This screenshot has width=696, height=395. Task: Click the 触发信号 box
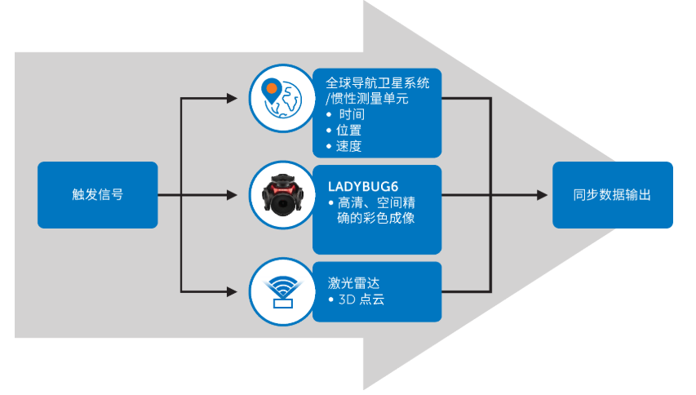[98, 195]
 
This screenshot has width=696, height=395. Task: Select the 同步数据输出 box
[612, 195]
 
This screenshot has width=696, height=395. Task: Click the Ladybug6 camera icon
[280, 196]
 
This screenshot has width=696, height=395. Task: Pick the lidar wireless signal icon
[280, 291]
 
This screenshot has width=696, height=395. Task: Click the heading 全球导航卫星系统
[378, 83]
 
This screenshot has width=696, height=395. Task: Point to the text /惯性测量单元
[366, 99]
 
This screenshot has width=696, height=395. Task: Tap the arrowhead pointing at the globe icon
[233, 100]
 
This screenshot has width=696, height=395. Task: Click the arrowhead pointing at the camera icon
[233, 196]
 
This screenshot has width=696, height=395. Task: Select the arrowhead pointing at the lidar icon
[233, 291]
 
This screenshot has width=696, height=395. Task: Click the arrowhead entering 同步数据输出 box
[543, 195]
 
